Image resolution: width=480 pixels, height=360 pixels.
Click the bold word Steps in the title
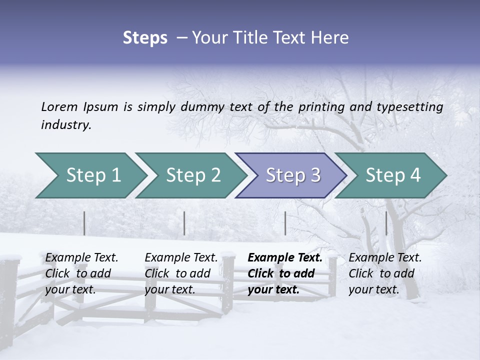tap(145, 37)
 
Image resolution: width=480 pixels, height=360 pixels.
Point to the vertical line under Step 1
tap(84, 223)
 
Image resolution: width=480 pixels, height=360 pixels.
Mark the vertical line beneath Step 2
tap(184, 223)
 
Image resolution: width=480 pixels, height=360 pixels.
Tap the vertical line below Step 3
tap(285, 223)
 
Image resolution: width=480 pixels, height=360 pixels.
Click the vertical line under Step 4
tap(386, 223)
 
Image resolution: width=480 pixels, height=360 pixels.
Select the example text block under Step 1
tap(81, 273)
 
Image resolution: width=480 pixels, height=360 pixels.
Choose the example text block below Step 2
tap(181, 273)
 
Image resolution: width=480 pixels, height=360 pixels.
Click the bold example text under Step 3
tap(285, 273)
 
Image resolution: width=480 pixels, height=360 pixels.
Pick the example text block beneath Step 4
tap(385, 273)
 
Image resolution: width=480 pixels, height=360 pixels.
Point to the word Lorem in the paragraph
tap(59, 107)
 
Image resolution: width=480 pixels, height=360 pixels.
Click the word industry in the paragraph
tap(65, 125)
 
